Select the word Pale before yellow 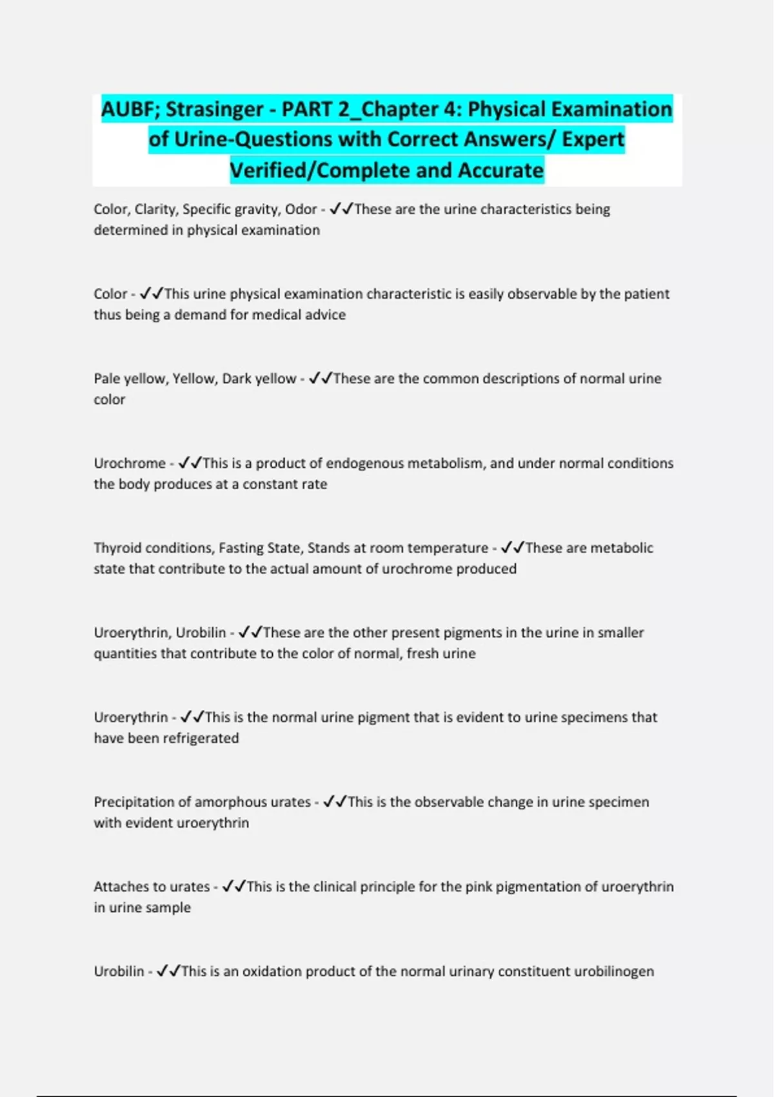(x=109, y=379)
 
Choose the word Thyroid (x=118, y=548)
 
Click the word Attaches (x=122, y=887)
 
